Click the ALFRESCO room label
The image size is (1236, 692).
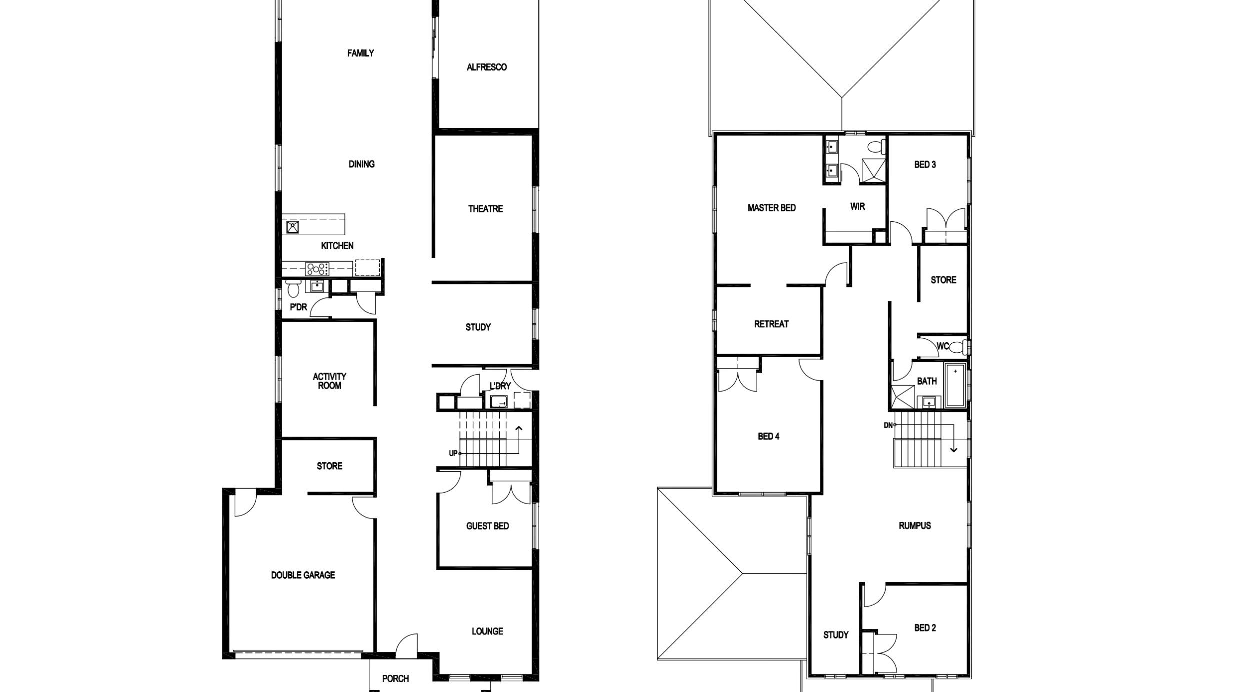click(x=486, y=67)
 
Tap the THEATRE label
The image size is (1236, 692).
click(x=485, y=209)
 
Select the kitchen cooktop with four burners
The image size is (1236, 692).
click(x=317, y=269)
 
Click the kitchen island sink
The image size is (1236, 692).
click(x=293, y=227)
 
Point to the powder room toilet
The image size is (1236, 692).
click(x=294, y=289)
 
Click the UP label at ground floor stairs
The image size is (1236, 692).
click(x=453, y=453)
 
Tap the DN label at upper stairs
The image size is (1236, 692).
click(x=888, y=425)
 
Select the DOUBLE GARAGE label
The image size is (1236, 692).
click(x=303, y=575)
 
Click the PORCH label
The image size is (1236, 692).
click(x=395, y=679)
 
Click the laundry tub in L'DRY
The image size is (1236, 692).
click(x=499, y=401)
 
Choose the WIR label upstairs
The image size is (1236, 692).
click(x=857, y=206)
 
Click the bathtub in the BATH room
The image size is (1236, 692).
click(x=955, y=385)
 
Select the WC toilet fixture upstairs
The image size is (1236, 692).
click(x=957, y=346)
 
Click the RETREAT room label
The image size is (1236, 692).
click(x=771, y=324)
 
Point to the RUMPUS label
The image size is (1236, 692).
click(x=914, y=526)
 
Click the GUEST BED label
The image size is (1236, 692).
click(x=487, y=526)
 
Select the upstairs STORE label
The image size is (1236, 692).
click(x=943, y=280)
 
